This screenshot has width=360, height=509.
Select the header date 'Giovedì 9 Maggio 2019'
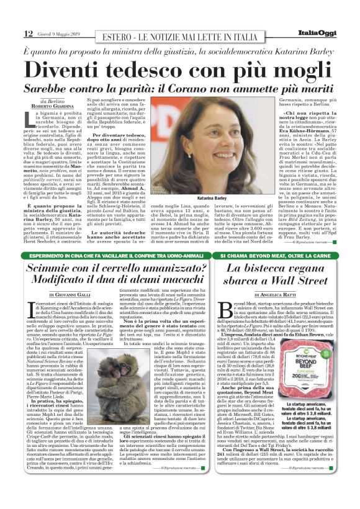(62, 34)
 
